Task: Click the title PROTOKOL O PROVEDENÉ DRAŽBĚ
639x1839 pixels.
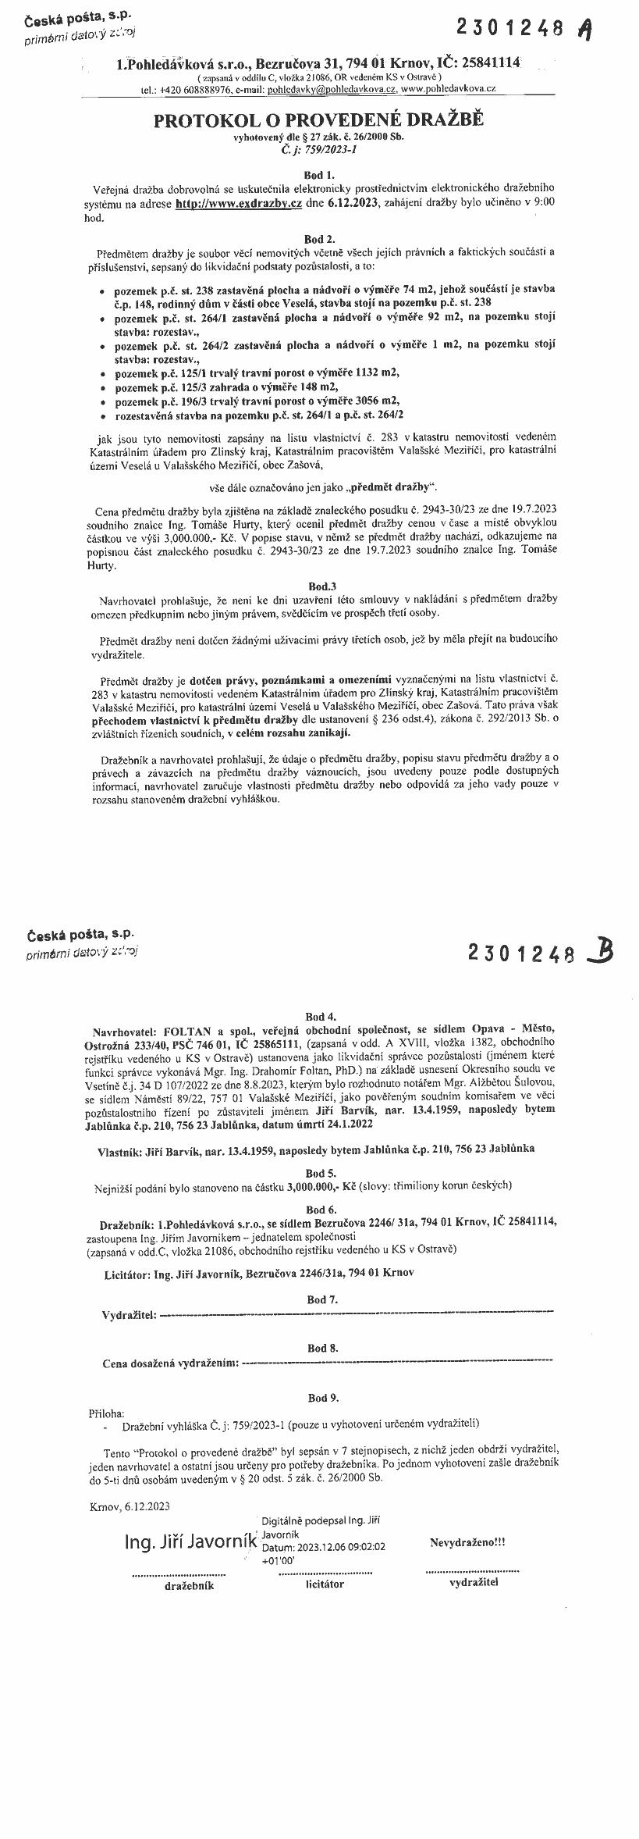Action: (x=318, y=120)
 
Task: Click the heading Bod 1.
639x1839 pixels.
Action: (x=319, y=175)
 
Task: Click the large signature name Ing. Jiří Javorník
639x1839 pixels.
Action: (x=190, y=1542)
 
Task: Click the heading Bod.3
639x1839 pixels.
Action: (x=321, y=585)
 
